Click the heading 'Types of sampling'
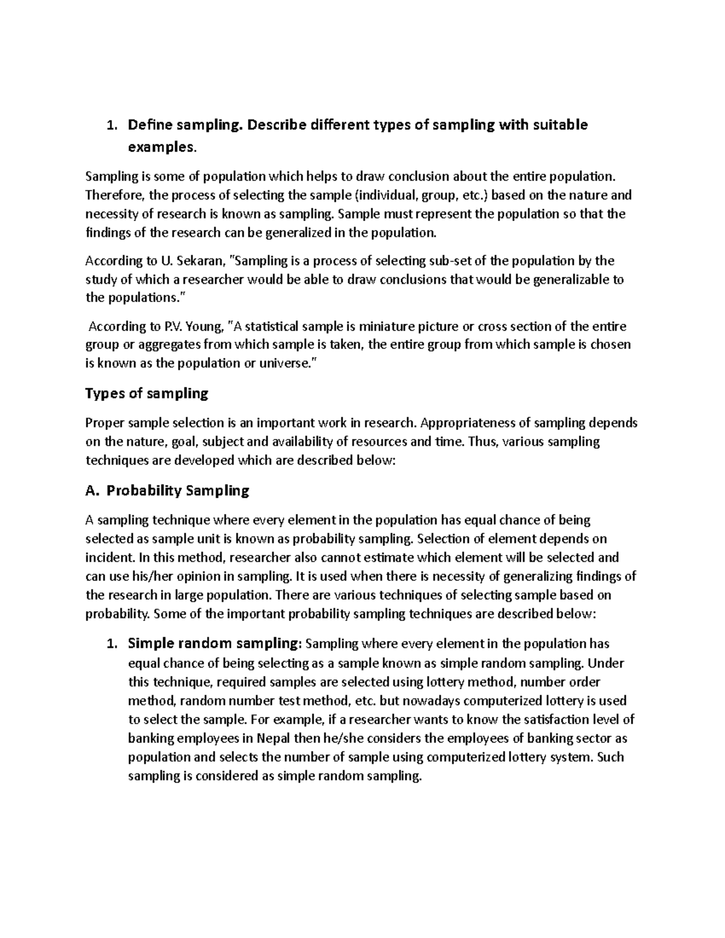pos(147,394)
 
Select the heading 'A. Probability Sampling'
pos(167,490)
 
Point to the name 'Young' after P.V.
pos(202,327)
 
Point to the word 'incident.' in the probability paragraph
pos(109,557)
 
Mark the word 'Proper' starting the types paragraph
pos(103,423)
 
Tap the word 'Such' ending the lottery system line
pos(610,757)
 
